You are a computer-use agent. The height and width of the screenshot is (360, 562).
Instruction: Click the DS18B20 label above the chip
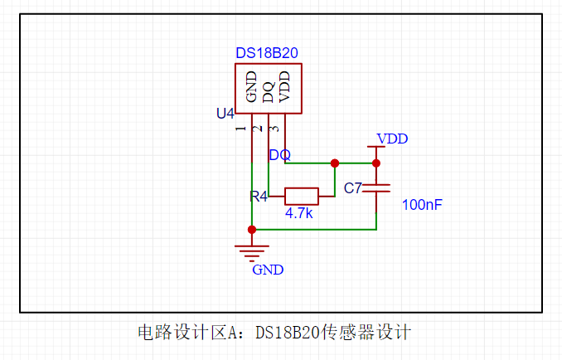click(266, 53)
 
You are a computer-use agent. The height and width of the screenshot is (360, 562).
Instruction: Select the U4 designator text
click(225, 113)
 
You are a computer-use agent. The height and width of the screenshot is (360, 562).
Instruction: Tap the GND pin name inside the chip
click(251, 86)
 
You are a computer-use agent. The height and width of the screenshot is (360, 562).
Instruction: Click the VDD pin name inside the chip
click(284, 86)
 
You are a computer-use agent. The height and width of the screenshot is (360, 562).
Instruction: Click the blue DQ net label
click(279, 155)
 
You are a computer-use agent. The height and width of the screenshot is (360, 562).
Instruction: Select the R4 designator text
click(259, 197)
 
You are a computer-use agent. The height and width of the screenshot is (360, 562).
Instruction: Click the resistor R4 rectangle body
click(301, 197)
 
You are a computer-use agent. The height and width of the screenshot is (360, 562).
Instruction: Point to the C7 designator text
click(353, 188)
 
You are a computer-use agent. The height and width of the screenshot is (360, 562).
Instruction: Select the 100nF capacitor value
click(422, 204)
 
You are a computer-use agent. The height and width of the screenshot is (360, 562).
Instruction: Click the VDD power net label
click(392, 139)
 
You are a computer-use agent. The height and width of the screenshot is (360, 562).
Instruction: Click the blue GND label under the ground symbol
click(268, 270)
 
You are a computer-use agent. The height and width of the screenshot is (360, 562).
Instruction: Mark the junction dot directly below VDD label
click(375, 163)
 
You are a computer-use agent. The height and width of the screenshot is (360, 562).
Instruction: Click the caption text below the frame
click(274, 333)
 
